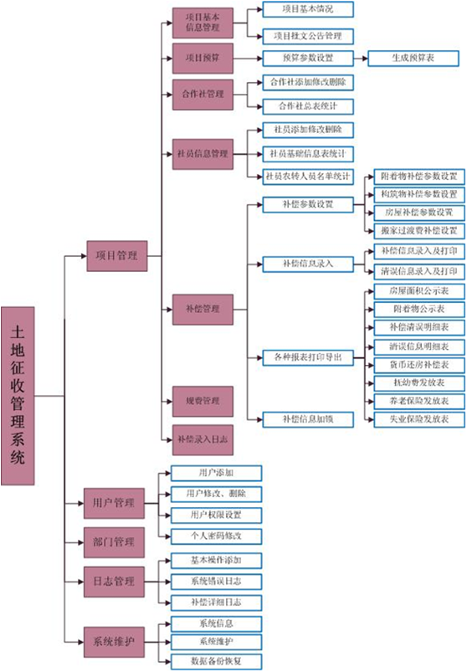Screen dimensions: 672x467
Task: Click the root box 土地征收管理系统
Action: click(18, 395)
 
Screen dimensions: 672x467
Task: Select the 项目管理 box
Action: click(117, 256)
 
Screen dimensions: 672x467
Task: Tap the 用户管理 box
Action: click(113, 503)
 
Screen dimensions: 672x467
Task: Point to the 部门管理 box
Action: click(113, 541)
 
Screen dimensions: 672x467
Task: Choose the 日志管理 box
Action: click(113, 580)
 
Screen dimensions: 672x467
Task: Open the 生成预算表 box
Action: click(413, 59)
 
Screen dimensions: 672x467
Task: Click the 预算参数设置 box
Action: click(308, 59)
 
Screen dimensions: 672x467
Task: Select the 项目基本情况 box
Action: click(308, 9)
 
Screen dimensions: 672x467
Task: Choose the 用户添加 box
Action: click(216, 474)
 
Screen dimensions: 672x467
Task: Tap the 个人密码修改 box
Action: click(216, 536)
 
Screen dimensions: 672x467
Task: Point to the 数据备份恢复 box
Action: click(216, 661)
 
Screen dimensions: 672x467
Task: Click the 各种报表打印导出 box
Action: click(308, 359)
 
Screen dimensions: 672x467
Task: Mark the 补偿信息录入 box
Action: click(308, 264)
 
